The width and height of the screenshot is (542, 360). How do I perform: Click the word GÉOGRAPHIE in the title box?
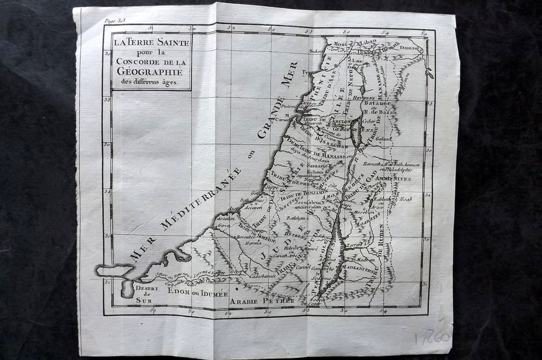coord(151,72)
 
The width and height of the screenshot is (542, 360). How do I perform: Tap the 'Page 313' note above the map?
coord(115,21)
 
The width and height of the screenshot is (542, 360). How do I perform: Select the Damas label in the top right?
coord(412,48)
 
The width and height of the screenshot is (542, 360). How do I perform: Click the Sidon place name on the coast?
coord(316,51)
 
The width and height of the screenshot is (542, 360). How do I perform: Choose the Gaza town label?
coord(223,225)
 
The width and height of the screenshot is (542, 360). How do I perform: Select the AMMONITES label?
coord(393,178)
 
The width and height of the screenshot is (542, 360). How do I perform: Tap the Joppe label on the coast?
coord(271,187)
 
